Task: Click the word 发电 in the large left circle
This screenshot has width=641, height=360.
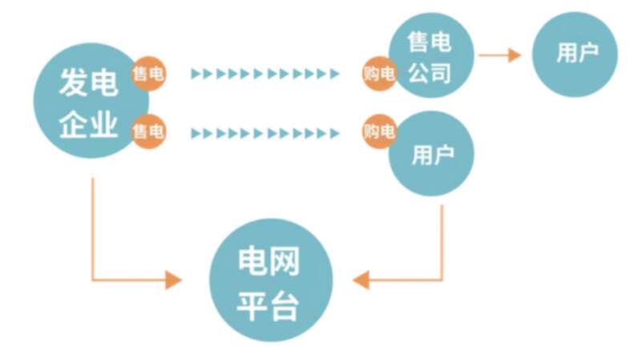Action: click(x=89, y=83)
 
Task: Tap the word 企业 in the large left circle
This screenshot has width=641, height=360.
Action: click(x=89, y=124)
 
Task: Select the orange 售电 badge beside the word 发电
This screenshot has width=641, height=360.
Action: click(x=149, y=74)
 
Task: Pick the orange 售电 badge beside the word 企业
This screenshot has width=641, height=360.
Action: click(x=149, y=131)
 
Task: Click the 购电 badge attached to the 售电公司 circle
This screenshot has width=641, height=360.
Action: click(x=379, y=74)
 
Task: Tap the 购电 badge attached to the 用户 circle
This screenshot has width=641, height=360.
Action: click(x=379, y=131)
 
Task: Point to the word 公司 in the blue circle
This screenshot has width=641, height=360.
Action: click(x=429, y=73)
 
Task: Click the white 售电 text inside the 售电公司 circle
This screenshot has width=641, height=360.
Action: click(x=429, y=42)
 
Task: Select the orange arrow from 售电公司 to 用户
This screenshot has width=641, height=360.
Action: click(x=499, y=55)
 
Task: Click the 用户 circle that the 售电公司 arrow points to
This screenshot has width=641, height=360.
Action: click(x=575, y=55)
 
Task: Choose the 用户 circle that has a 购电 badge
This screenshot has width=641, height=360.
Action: click(x=431, y=153)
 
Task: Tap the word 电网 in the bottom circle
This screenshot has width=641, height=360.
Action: click(x=268, y=261)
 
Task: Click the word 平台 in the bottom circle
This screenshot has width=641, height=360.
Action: click(x=268, y=305)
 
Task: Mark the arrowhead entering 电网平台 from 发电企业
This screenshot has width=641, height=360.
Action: click(x=174, y=281)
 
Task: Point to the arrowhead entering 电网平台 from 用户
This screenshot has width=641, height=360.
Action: click(x=361, y=281)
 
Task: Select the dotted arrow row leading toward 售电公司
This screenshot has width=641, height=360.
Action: click(x=265, y=74)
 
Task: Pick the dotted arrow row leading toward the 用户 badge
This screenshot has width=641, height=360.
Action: click(x=265, y=133)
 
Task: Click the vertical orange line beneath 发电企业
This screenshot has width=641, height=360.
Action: click(x=93, y=229)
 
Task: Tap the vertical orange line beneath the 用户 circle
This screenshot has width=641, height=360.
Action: click(x=442, y=243)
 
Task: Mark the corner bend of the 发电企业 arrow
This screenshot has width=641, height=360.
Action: click(x=93, y=281)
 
